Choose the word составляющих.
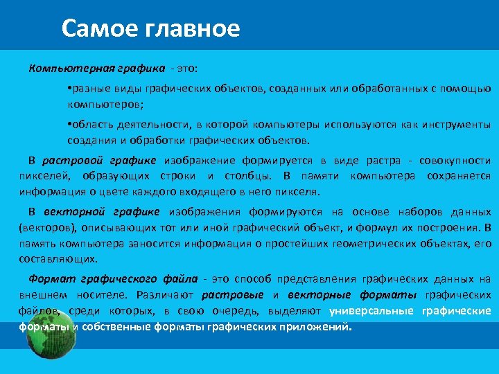pyautogui.click(x=58, y=259)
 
